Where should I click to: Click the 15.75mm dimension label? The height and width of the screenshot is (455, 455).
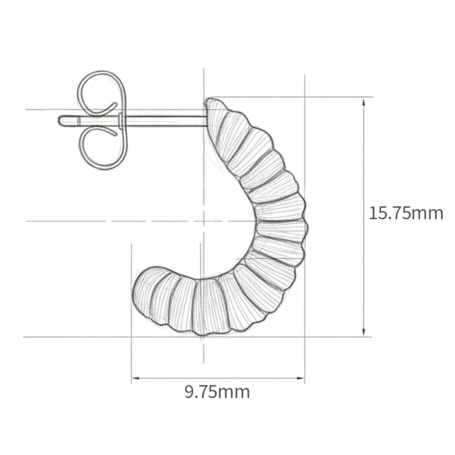click(406, 213)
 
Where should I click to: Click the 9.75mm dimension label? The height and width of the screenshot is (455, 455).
click(217, 392)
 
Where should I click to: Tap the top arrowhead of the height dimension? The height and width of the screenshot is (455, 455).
click(364, 101)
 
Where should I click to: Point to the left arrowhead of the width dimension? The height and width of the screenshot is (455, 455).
click(136, 378)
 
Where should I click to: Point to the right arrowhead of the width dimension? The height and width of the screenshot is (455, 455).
click(300, 378)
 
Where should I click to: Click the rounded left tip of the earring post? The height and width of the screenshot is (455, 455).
click(59, 121)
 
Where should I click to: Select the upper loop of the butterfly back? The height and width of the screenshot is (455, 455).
click(102, 92)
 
